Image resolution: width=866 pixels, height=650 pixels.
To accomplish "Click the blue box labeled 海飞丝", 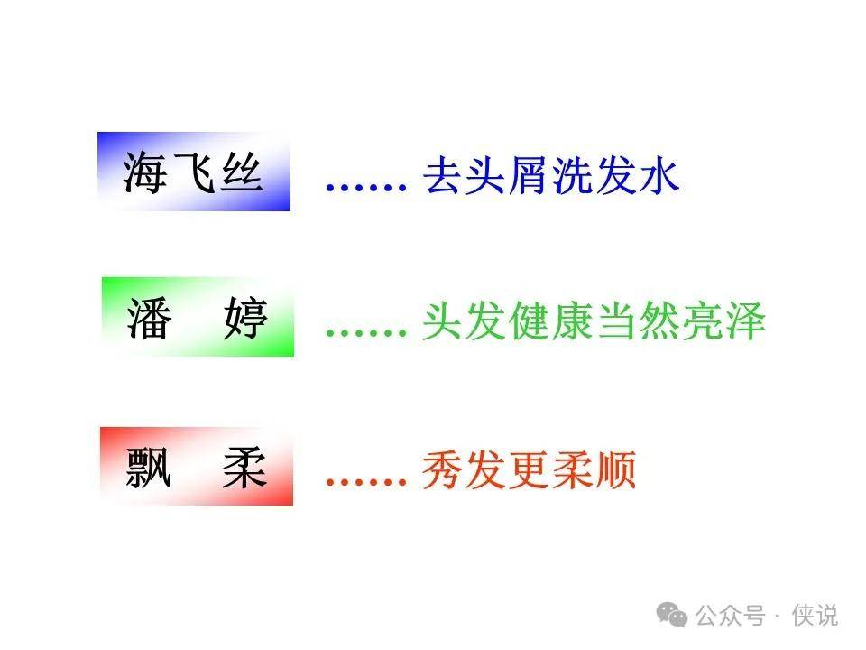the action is (194, 172).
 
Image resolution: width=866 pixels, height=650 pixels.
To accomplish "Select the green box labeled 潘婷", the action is (198, 317).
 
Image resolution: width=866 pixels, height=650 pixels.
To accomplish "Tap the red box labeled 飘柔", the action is (197, 466).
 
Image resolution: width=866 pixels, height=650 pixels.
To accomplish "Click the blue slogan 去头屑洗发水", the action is (550, 175).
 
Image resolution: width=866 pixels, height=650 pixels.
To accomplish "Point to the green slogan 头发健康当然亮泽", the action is (594, 320).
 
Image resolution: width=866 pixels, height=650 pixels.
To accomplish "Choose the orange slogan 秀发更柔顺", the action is (530, 470).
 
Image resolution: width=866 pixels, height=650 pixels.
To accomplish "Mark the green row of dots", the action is (366, 333).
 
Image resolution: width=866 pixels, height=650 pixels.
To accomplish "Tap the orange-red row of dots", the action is (366, 482).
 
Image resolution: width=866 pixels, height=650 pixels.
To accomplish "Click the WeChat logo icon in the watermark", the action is (671, 615).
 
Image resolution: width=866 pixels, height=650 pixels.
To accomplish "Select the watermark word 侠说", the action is (815, 615).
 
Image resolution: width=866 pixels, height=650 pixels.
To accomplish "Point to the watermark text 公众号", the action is (730, 615).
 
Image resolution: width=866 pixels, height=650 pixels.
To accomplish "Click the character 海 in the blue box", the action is (144, 172).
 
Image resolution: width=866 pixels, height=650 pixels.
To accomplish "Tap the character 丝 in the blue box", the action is (241, 172).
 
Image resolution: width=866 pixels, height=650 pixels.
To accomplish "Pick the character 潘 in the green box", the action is (149, 318).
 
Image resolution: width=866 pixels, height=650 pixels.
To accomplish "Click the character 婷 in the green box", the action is (245, 318).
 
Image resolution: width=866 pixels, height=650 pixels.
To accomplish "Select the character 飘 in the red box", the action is (148, 468).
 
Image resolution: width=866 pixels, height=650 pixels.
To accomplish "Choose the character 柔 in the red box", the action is (244, 468).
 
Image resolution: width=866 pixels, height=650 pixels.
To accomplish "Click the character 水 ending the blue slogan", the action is (659, 175).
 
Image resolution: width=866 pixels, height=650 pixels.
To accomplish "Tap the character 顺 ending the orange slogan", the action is (615, 470).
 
